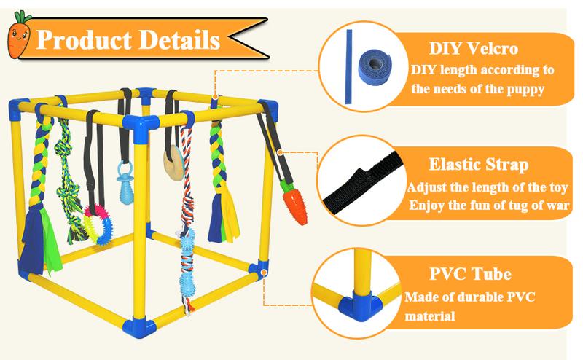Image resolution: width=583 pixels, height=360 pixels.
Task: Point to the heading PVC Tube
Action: [x=469, y=275]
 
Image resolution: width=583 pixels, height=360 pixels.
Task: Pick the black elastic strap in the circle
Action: [x=364, y=179]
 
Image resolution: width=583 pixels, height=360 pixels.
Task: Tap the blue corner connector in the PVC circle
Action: [x=362, y=299]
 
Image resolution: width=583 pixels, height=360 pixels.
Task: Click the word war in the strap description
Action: [x=560, y=206]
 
